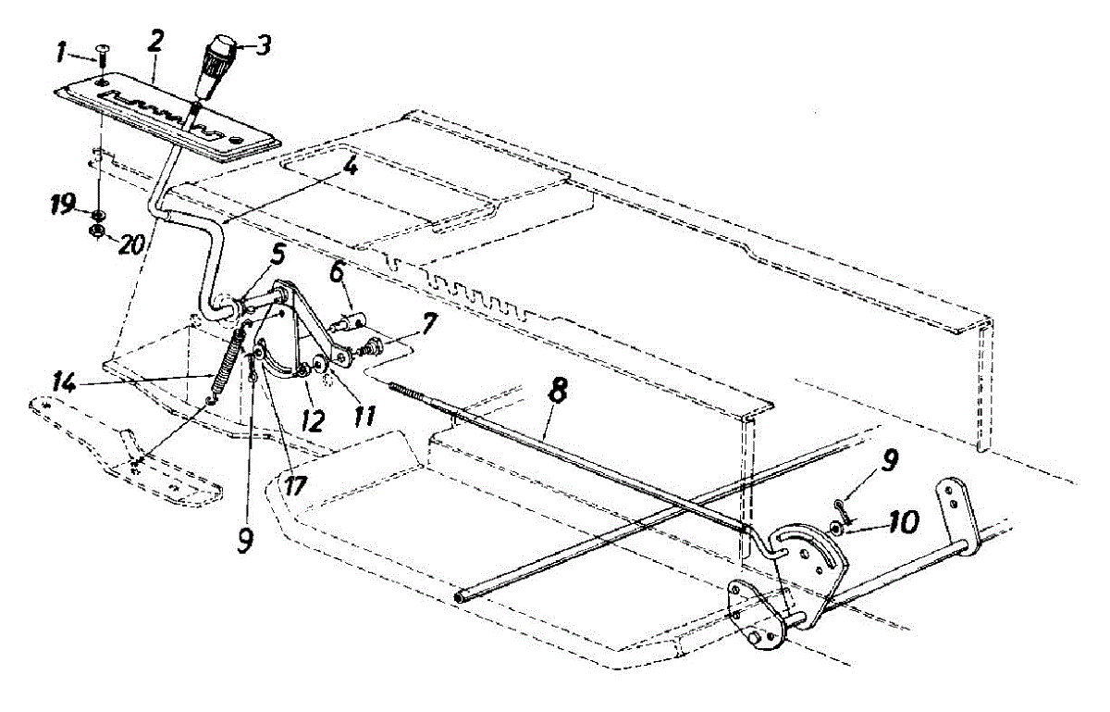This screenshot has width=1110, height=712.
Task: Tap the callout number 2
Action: [154, 41]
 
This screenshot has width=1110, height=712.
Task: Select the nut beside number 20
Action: [95, 231]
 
